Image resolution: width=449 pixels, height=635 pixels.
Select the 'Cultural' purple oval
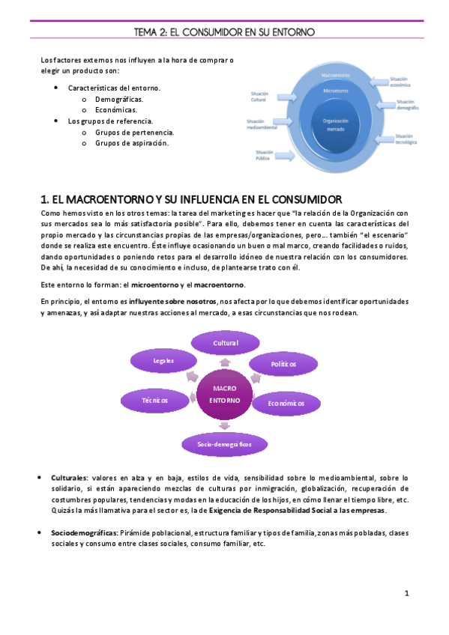[224, 344]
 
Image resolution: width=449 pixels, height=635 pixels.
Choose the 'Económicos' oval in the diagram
[286, 404]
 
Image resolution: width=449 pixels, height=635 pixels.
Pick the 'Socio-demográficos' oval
[224, 445]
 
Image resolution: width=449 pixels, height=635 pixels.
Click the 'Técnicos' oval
[154, 400]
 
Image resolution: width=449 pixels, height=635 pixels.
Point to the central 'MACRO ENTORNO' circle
[224, 394]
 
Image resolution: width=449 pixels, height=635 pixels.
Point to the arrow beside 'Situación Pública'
[285, 153]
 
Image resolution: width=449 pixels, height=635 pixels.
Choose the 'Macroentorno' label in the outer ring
[336, 76]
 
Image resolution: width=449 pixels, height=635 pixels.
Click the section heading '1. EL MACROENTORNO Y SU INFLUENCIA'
[192, 200]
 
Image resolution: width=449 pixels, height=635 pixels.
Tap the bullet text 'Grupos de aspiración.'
[132, 142]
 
